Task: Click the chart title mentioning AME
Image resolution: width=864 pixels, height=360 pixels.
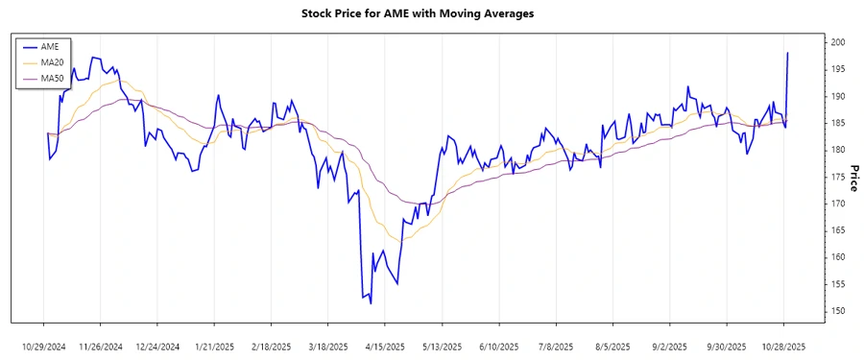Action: click(431, 14)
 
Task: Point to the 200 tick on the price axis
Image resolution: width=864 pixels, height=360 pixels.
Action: click(837, 43)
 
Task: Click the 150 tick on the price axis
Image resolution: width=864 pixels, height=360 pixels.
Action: click(837, 311)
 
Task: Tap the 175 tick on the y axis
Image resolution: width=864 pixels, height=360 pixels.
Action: click(837, 177)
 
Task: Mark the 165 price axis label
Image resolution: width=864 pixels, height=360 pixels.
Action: click(837, 230)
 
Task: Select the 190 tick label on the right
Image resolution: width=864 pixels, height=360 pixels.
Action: click(837, 97)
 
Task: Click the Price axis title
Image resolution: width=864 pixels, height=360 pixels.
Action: click(853, 179)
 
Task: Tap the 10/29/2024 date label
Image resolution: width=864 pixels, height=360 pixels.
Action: click(44, 346)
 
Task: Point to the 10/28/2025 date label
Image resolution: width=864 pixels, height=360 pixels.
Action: click(784, 346)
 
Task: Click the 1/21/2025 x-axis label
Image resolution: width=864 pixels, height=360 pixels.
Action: click(214, 346)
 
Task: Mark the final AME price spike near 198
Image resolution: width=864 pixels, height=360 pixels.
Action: click(788, 53)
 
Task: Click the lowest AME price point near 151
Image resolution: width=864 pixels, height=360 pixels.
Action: click(370, 303)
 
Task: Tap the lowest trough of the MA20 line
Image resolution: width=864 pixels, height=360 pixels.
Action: click(395, 239)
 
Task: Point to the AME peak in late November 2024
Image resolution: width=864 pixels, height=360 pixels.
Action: click(93, 58)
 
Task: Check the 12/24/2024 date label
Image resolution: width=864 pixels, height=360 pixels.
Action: click(157, 346)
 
